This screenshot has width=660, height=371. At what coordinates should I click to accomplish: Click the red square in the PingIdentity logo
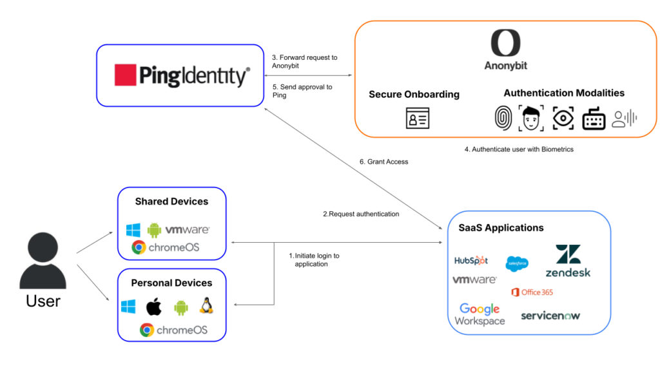coord(126,75)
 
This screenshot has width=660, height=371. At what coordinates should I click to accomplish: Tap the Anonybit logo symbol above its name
coord(506,43)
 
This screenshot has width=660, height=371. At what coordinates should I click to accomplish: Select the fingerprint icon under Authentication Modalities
coord(503,118)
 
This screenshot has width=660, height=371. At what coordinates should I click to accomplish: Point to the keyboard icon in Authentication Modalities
coord(593,119)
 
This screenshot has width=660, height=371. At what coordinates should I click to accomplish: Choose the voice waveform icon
coord(624,118)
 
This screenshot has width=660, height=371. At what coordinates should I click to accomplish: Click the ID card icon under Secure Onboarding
coord(417,119)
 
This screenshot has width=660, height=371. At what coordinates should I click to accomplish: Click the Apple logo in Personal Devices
coord(153,307)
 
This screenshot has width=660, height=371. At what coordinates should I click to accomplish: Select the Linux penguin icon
coord(206,306)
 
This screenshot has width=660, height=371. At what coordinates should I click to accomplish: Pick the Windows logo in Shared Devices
coord(133,230)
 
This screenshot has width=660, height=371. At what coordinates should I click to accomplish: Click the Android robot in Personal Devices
coord(180,307)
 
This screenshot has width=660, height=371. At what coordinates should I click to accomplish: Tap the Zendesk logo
coord(568,261)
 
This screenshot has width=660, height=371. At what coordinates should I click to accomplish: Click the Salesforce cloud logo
coord(517,263)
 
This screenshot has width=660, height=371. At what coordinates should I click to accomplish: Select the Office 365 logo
coord(532,292)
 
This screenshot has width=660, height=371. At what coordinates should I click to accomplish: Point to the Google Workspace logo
coord(480,314)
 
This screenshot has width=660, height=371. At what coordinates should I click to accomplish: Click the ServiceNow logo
coord(550,316)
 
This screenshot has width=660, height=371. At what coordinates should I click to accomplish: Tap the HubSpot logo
coord(471,261)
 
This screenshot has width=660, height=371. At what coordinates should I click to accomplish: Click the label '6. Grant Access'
coord(383,162)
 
